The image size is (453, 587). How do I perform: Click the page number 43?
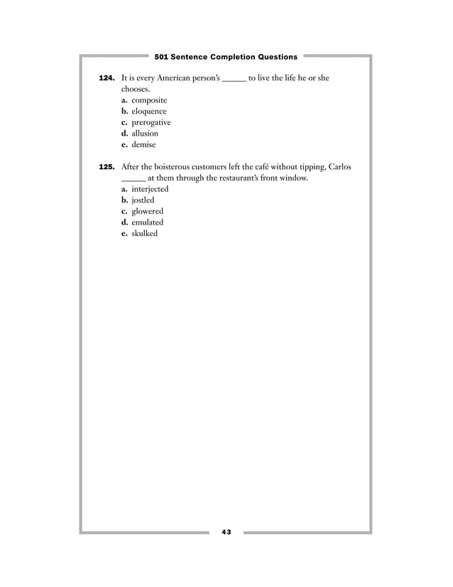coord(226,532)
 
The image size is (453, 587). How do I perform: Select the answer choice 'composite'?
coord(149,100)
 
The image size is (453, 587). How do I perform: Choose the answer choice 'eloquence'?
coord(149,111)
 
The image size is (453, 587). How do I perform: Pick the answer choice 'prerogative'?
coord(151,122)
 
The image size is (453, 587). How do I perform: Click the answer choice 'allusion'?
coord(145,133)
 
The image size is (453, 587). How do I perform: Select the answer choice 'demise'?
coord(144,144)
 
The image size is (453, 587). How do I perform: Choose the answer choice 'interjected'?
coord(150,189)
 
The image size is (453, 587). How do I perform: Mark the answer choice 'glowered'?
coord(147,211)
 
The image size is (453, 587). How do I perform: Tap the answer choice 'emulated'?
coord(147,222)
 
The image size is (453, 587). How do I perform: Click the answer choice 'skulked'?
coord(145,233)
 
